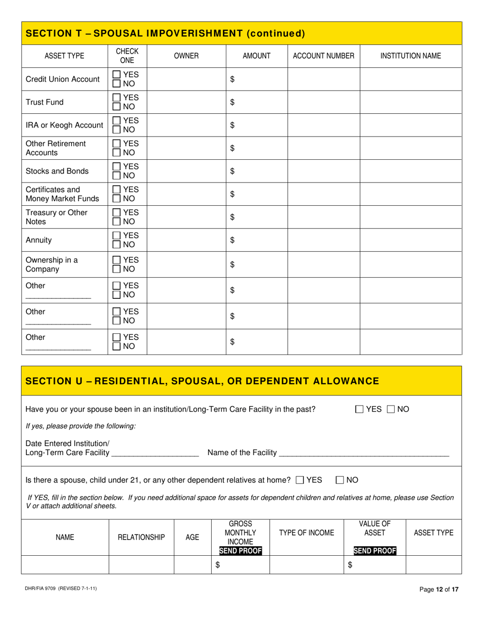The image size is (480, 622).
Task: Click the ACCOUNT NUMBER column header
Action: (323, 56)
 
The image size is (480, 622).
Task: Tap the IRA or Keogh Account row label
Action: (64, 125)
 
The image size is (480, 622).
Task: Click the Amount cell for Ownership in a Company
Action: (257, 264)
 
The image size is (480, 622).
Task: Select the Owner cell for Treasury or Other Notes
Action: (186, 217)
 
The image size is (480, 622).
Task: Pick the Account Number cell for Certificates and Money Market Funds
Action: (323, 194)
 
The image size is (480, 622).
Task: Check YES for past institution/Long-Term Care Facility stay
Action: (359, 409)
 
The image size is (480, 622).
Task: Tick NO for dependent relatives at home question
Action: (340, 479)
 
